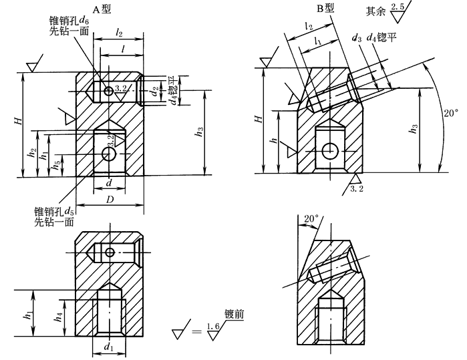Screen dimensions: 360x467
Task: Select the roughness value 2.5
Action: [x=399, y=7]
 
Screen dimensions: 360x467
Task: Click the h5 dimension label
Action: [x=58, y=162]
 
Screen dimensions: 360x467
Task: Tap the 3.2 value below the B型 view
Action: [x=356, y=190]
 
